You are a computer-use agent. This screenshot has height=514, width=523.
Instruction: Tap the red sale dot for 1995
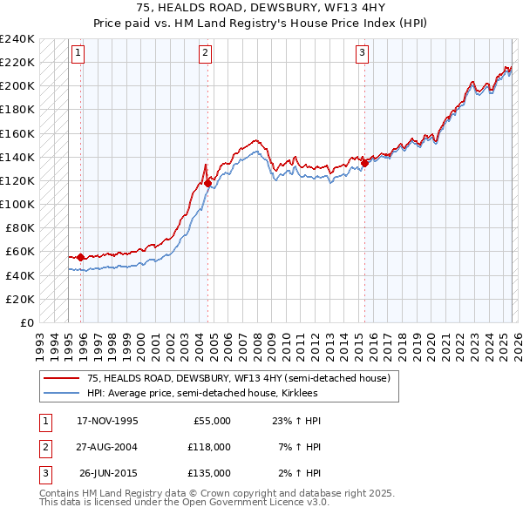pyautogui.click(x=81, y=257)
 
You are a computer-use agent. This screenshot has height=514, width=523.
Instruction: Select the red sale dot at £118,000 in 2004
pyautogui.click(x=207, y=183)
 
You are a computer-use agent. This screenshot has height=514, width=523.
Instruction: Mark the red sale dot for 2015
pyautogui.click(x=364, y=163)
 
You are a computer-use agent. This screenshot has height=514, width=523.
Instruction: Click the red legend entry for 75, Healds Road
pyautogui.click(x=243, y=378)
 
